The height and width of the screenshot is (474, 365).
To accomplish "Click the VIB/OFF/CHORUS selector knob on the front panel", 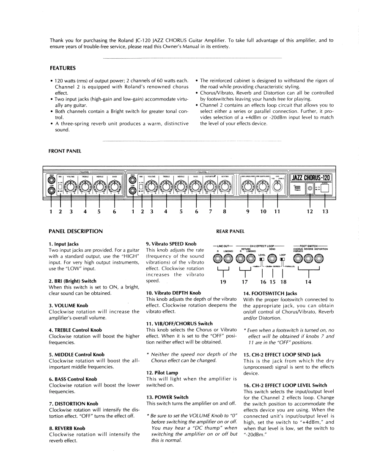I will [277, 186].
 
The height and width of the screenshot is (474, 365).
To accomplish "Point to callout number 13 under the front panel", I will [325, 212].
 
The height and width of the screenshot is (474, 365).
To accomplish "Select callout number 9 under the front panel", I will [247, 212].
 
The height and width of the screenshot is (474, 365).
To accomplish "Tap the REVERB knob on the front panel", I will [225, 186].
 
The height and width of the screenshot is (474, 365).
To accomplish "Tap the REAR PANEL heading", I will [231, 231].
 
